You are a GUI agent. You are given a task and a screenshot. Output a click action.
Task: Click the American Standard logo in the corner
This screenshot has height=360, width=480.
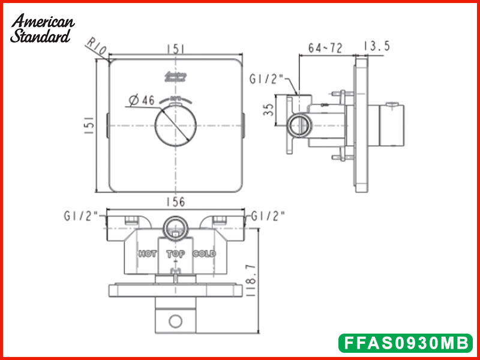[x=42, y=28]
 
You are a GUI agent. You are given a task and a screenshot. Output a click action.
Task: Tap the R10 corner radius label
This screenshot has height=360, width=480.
[x=95, y=47]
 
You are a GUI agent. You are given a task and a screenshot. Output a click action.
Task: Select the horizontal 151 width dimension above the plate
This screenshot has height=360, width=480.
[x=175, y=49]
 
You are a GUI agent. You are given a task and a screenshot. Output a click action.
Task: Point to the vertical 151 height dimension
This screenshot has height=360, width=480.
[x=88, y=125]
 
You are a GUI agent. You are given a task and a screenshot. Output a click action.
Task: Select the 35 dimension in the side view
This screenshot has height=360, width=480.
[x=269, y=109]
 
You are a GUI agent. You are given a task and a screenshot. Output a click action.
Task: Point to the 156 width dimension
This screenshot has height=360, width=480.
[x=175, y=203]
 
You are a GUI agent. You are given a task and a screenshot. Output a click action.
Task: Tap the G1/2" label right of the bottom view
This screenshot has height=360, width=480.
[x=268, y=215]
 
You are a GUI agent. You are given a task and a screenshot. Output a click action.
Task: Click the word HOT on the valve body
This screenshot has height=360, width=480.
[x=148, y=254]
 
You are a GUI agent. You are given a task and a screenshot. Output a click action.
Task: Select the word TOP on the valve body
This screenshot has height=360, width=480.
[x=176, y=254]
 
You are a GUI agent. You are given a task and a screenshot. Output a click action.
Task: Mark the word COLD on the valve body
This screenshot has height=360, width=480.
[x=204, y=254]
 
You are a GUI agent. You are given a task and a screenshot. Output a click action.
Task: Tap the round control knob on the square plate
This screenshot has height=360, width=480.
[x=175, y=125]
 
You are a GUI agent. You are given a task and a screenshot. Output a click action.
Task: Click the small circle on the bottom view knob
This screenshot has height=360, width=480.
[x=175, y=321]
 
